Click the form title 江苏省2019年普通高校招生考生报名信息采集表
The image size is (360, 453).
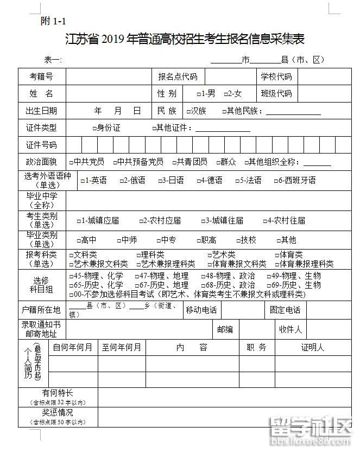[x=185, y=39]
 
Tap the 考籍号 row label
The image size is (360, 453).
[x=41, y=77]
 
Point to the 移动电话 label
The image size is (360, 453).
[x=201, y=310]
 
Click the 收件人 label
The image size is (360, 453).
[x=290, y=329]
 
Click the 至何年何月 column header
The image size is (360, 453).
[x=122, y=348]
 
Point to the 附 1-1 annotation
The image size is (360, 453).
[x=53, y=21]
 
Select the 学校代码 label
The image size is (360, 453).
[x=276, y=77]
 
